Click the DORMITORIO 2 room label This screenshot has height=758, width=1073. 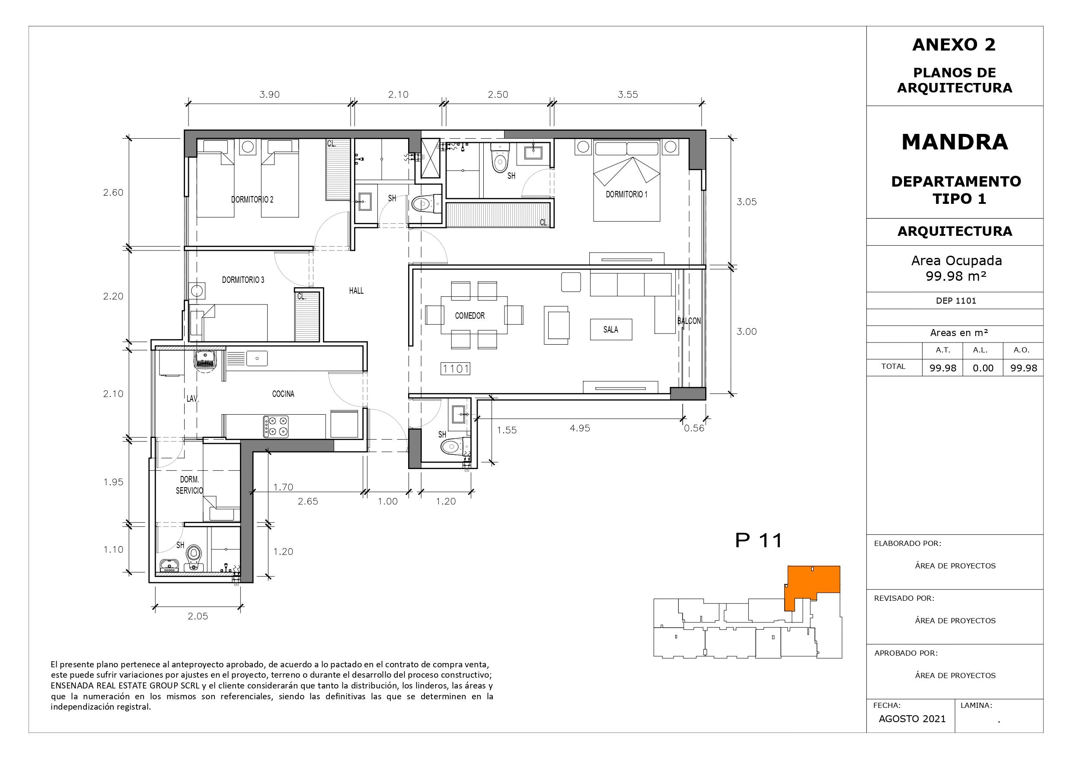[252, 200]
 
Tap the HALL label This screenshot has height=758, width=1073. [356, 291]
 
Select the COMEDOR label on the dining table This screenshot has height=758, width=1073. [469, 316]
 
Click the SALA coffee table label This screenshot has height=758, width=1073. [611, 329]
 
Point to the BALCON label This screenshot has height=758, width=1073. [689, 321]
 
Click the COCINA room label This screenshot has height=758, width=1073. [283, 394]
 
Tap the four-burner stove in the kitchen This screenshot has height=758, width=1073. [276, 426]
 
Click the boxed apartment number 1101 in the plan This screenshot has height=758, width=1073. [456, 369]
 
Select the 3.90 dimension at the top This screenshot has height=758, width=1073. [270, 95]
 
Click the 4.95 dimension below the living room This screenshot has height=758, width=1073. [580, 428]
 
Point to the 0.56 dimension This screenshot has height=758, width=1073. [694, 428]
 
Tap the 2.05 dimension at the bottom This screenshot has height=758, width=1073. [198, 616]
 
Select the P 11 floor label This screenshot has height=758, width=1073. [758, 540]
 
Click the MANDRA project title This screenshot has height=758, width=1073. [955, 142]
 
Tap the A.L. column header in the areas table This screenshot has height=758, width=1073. [980, 350]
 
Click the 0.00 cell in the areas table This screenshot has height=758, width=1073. [983, 368]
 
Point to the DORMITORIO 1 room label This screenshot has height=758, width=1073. [627, 194]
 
